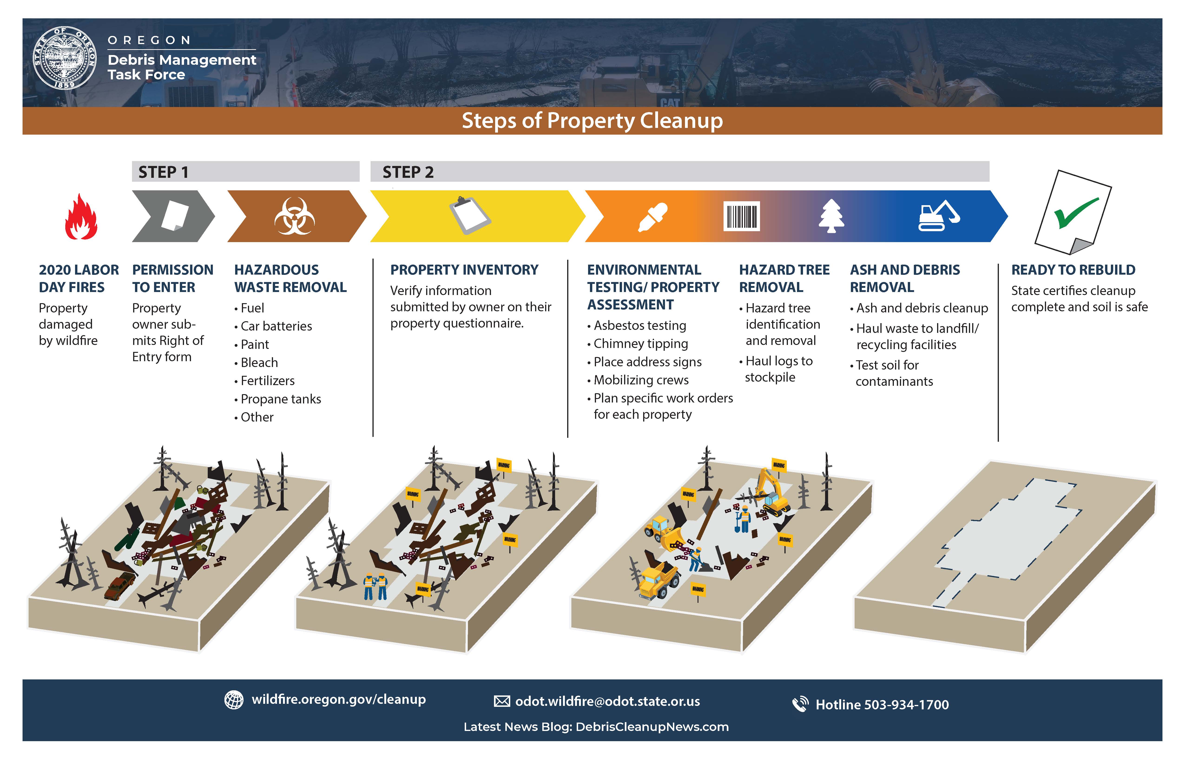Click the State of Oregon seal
(x=65, y=58)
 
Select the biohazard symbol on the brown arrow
(x=295, y=216)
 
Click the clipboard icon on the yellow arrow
(x=470, y=215)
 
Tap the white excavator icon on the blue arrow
(x=939, y=216)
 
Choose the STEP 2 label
(x=408, y=172)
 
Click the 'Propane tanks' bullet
(x=280, y=399)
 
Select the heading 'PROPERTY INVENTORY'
(x=464, y=269)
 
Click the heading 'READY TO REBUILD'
(x=1073, y=269)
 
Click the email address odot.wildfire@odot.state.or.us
(x=607, y=701)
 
